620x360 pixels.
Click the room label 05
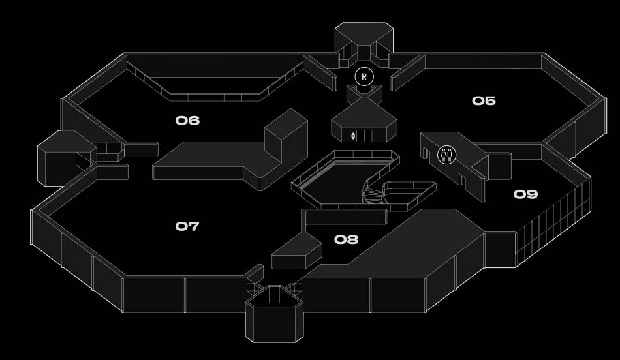point(484,101)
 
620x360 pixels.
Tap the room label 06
point(187,121)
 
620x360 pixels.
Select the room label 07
point(187,226)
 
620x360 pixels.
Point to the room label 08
point(346,240)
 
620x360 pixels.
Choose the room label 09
point(525,194)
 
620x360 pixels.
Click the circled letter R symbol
point(364,76)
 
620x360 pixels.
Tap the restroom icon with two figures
point(446,155)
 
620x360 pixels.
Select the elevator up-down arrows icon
point(353,136)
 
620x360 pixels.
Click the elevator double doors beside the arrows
point(364,136)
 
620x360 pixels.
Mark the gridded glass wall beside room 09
point(552,225)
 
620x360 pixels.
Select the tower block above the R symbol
point(364,40)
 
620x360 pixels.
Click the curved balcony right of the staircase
point(408,194)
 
